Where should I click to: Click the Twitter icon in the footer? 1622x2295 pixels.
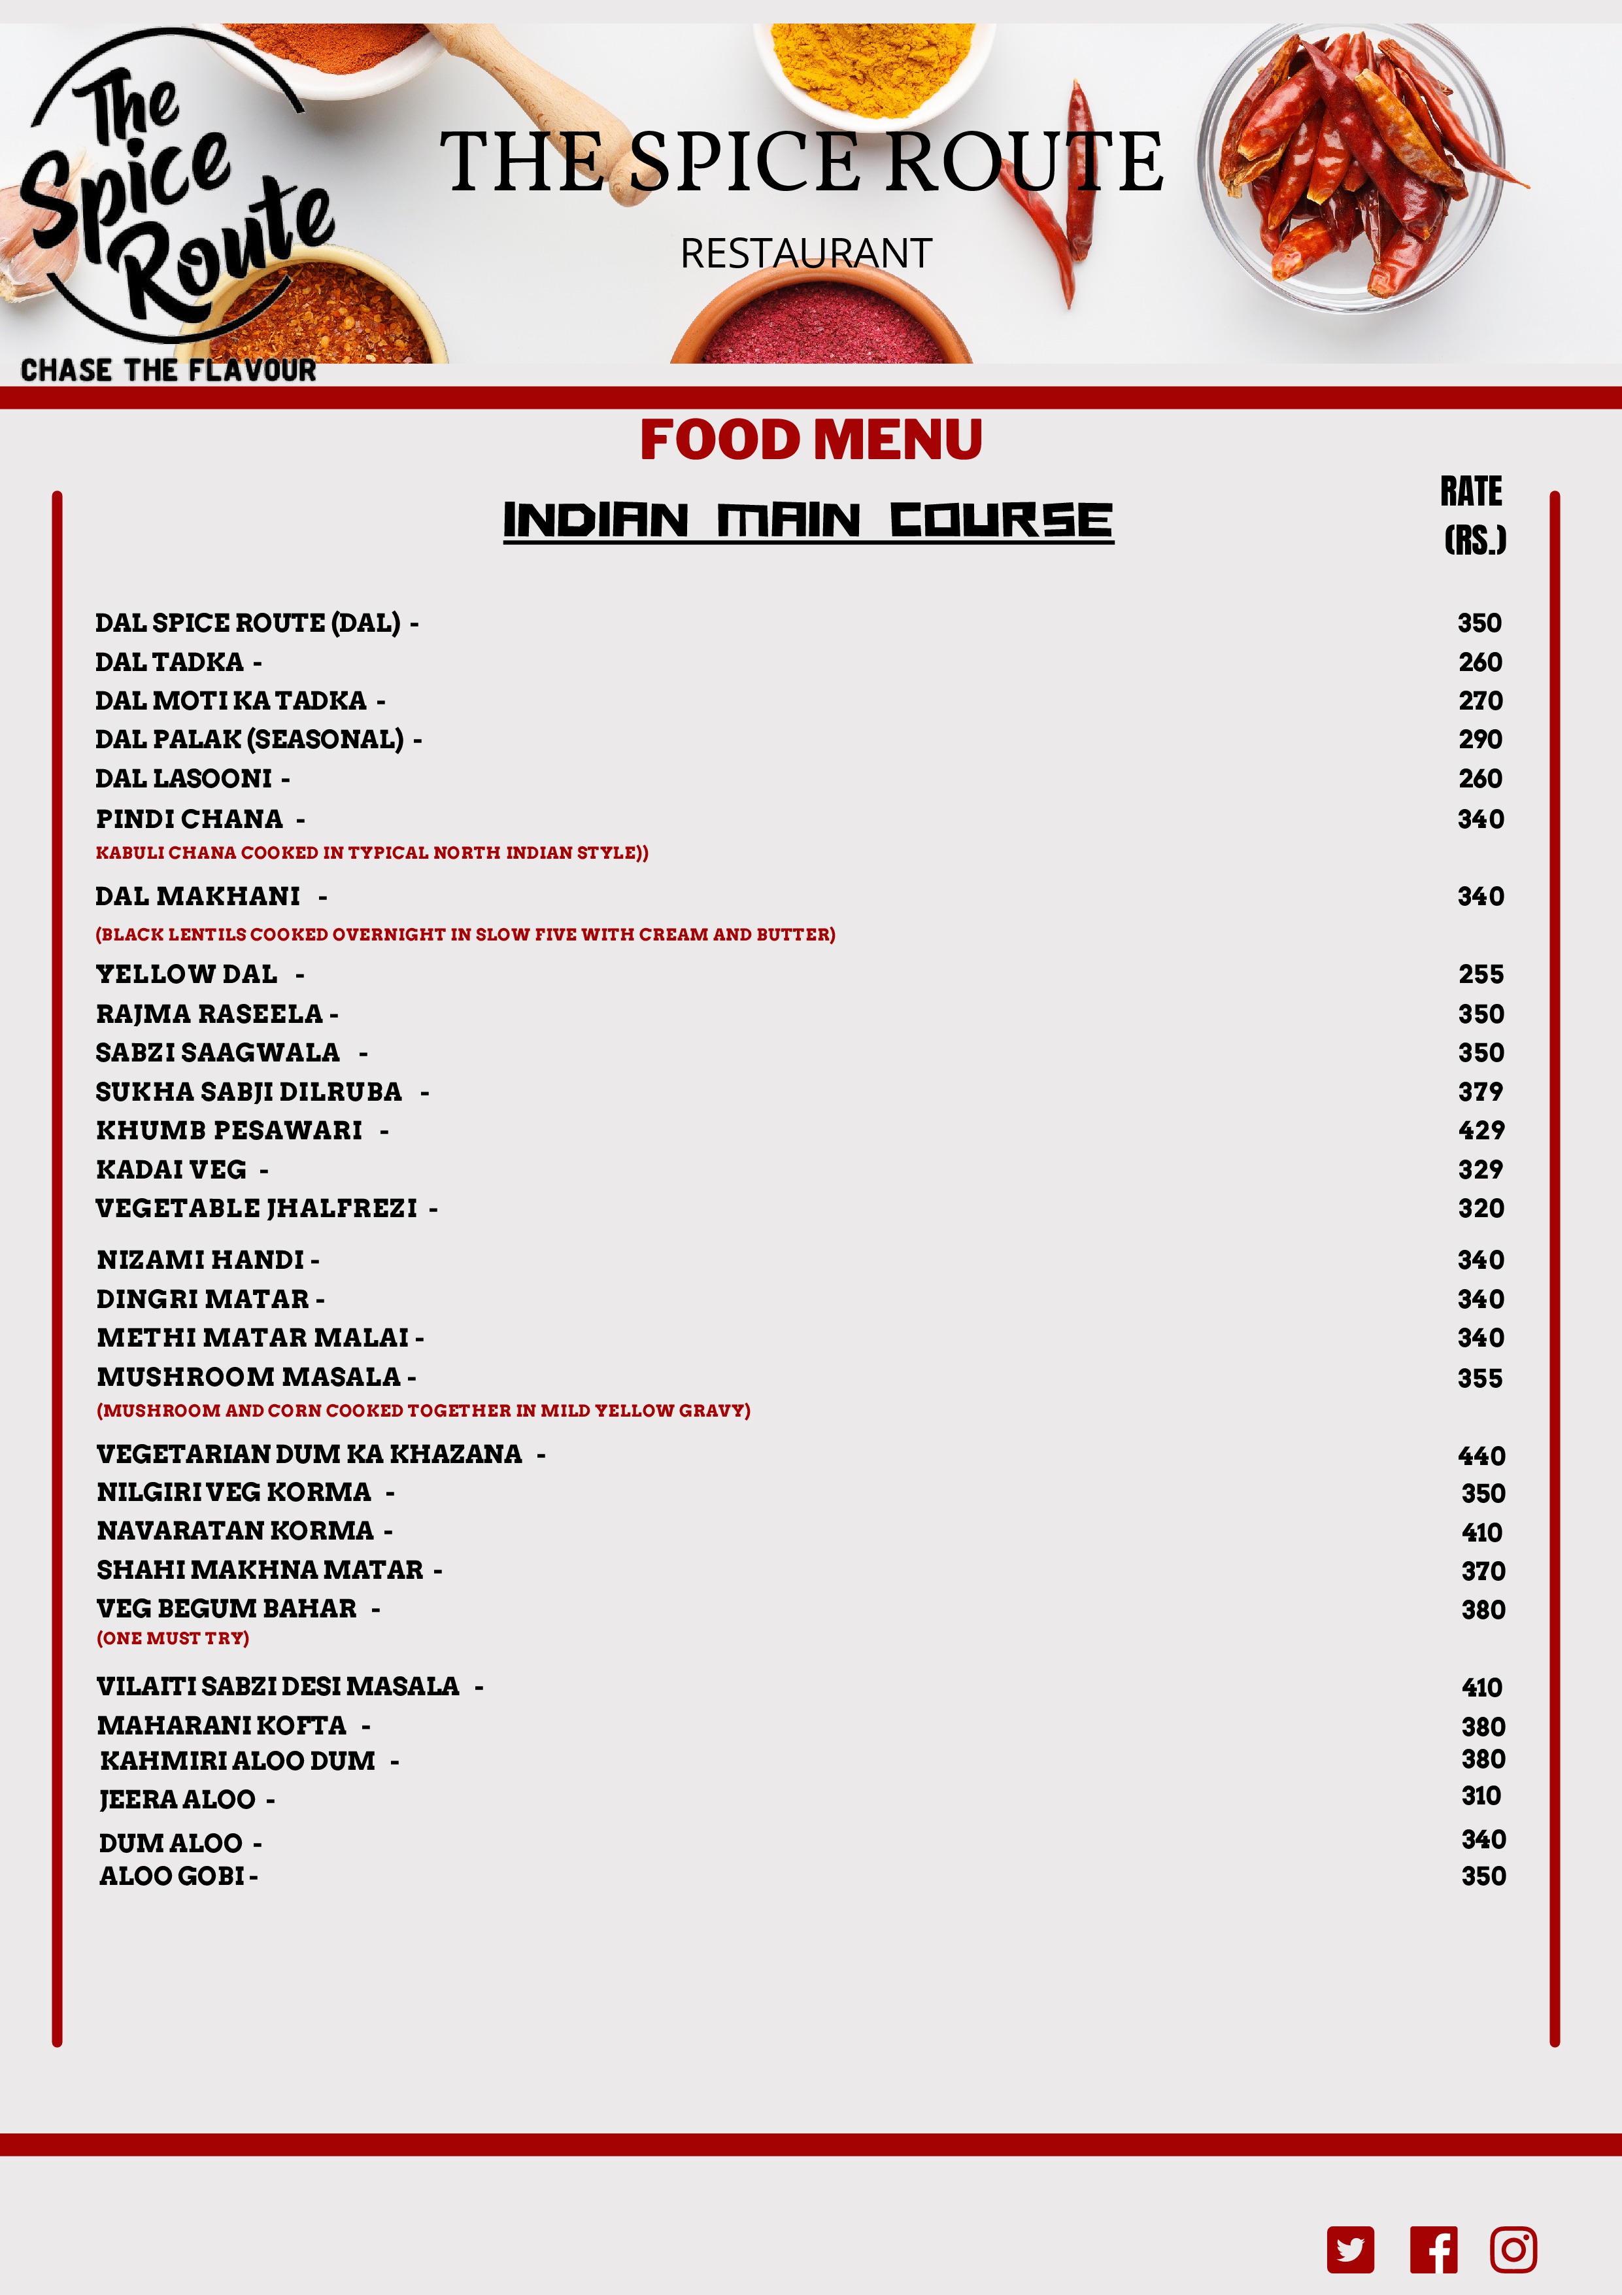point(1350,2249)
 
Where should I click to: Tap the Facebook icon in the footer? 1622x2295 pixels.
point(1433,2249)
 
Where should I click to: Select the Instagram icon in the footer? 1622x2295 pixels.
point(1513,2249)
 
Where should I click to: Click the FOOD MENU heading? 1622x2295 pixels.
point(811,440)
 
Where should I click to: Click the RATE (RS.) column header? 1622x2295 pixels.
point(1473,515)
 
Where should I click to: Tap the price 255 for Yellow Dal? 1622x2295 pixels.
point(1480,975)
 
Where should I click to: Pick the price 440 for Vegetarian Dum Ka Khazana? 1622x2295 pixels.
point(1480,1455)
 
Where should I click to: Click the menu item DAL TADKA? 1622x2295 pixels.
point(170,662)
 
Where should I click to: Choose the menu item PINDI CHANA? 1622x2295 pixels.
point(190,819)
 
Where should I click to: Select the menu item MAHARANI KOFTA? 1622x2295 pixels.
point(222,1725)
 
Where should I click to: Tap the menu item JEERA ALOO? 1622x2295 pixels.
point(177,1799)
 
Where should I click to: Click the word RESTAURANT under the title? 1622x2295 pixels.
point(805,254)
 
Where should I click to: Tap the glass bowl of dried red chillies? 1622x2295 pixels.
point(1351,165)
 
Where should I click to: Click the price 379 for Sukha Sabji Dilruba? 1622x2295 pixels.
point(1480,1092)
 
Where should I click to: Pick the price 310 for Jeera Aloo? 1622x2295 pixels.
point(1480,1796)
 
